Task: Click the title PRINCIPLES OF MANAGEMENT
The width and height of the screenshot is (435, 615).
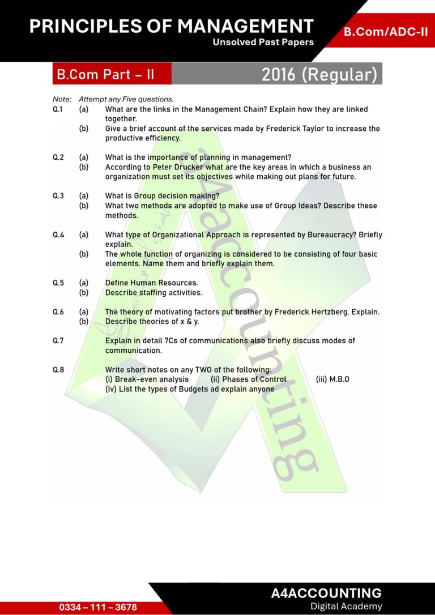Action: click(171, 26)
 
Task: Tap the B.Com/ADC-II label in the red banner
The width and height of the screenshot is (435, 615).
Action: click(386, 32)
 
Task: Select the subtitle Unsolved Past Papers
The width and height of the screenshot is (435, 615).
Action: click(263, 42)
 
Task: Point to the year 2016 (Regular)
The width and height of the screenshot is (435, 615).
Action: click(319, 74)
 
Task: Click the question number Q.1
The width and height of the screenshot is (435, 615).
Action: click(58, 109)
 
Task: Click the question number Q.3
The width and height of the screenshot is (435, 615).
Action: click(58, 196)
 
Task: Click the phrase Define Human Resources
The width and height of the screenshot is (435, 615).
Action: click(151, 283)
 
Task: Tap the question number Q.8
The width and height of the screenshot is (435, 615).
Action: click(58, 370)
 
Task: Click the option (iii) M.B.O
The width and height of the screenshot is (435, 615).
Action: click(332, 379)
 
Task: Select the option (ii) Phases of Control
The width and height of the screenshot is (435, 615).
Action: click(248, 379)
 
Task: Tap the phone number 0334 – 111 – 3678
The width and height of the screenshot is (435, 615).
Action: click(98, 607)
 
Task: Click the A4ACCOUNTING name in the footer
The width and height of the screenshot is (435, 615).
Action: click(326, 593)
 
